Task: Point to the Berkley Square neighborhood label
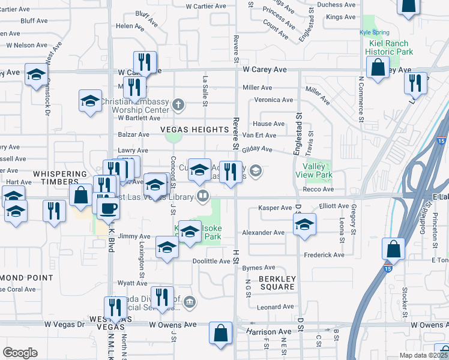pos(277,283)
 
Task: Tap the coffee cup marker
pos(108,209)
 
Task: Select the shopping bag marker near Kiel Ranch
pos(378,68)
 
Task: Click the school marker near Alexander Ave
pos(304,225)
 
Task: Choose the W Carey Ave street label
pos(265,70)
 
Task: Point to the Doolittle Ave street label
pos(211,262)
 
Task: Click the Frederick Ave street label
pos(324,255)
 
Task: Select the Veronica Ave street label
pos(273,100)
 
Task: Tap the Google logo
pos(20,352)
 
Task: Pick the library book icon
pos(203,196)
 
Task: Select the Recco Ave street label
pos(319,190)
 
